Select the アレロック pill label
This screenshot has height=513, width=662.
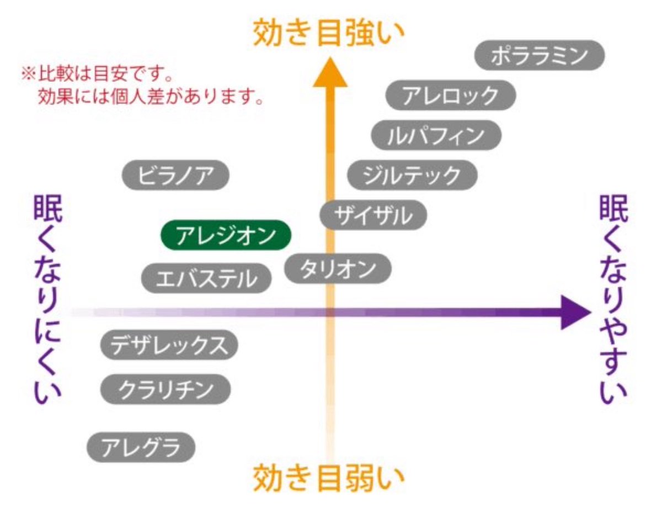click(450, 96)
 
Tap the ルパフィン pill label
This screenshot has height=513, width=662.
click(436, 135)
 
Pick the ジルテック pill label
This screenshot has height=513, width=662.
click(412, 175)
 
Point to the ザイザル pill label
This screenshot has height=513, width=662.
click(373, 215)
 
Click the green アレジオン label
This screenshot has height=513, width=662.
click(225, 236)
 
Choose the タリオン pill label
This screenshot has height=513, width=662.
click(338, 269)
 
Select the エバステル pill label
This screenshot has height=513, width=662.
click(207, 278)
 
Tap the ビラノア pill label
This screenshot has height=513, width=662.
click(175, 175)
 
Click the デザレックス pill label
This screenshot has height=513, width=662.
click(169, 346)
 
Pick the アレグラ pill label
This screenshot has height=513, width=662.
click(142, 447)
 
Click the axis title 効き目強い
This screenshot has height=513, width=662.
click(329, 33)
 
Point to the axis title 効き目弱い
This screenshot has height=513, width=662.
click(329, 478)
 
